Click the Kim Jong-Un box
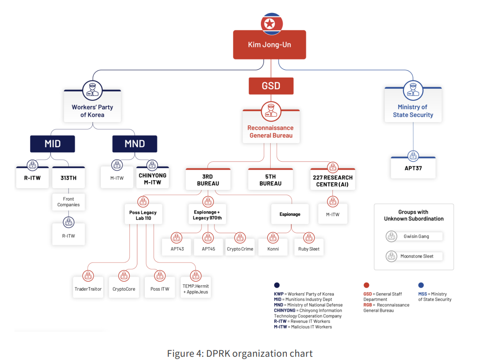269,45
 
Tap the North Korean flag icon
272,24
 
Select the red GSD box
271,86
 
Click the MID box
52,144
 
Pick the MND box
135,144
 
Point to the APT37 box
413,168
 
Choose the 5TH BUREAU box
270,179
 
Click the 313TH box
68,177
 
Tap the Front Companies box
68,202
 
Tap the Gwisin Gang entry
414,236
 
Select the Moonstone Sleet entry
414,256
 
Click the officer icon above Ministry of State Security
413,91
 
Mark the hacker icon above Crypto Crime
240,238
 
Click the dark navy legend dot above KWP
277,285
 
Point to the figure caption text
240,353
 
